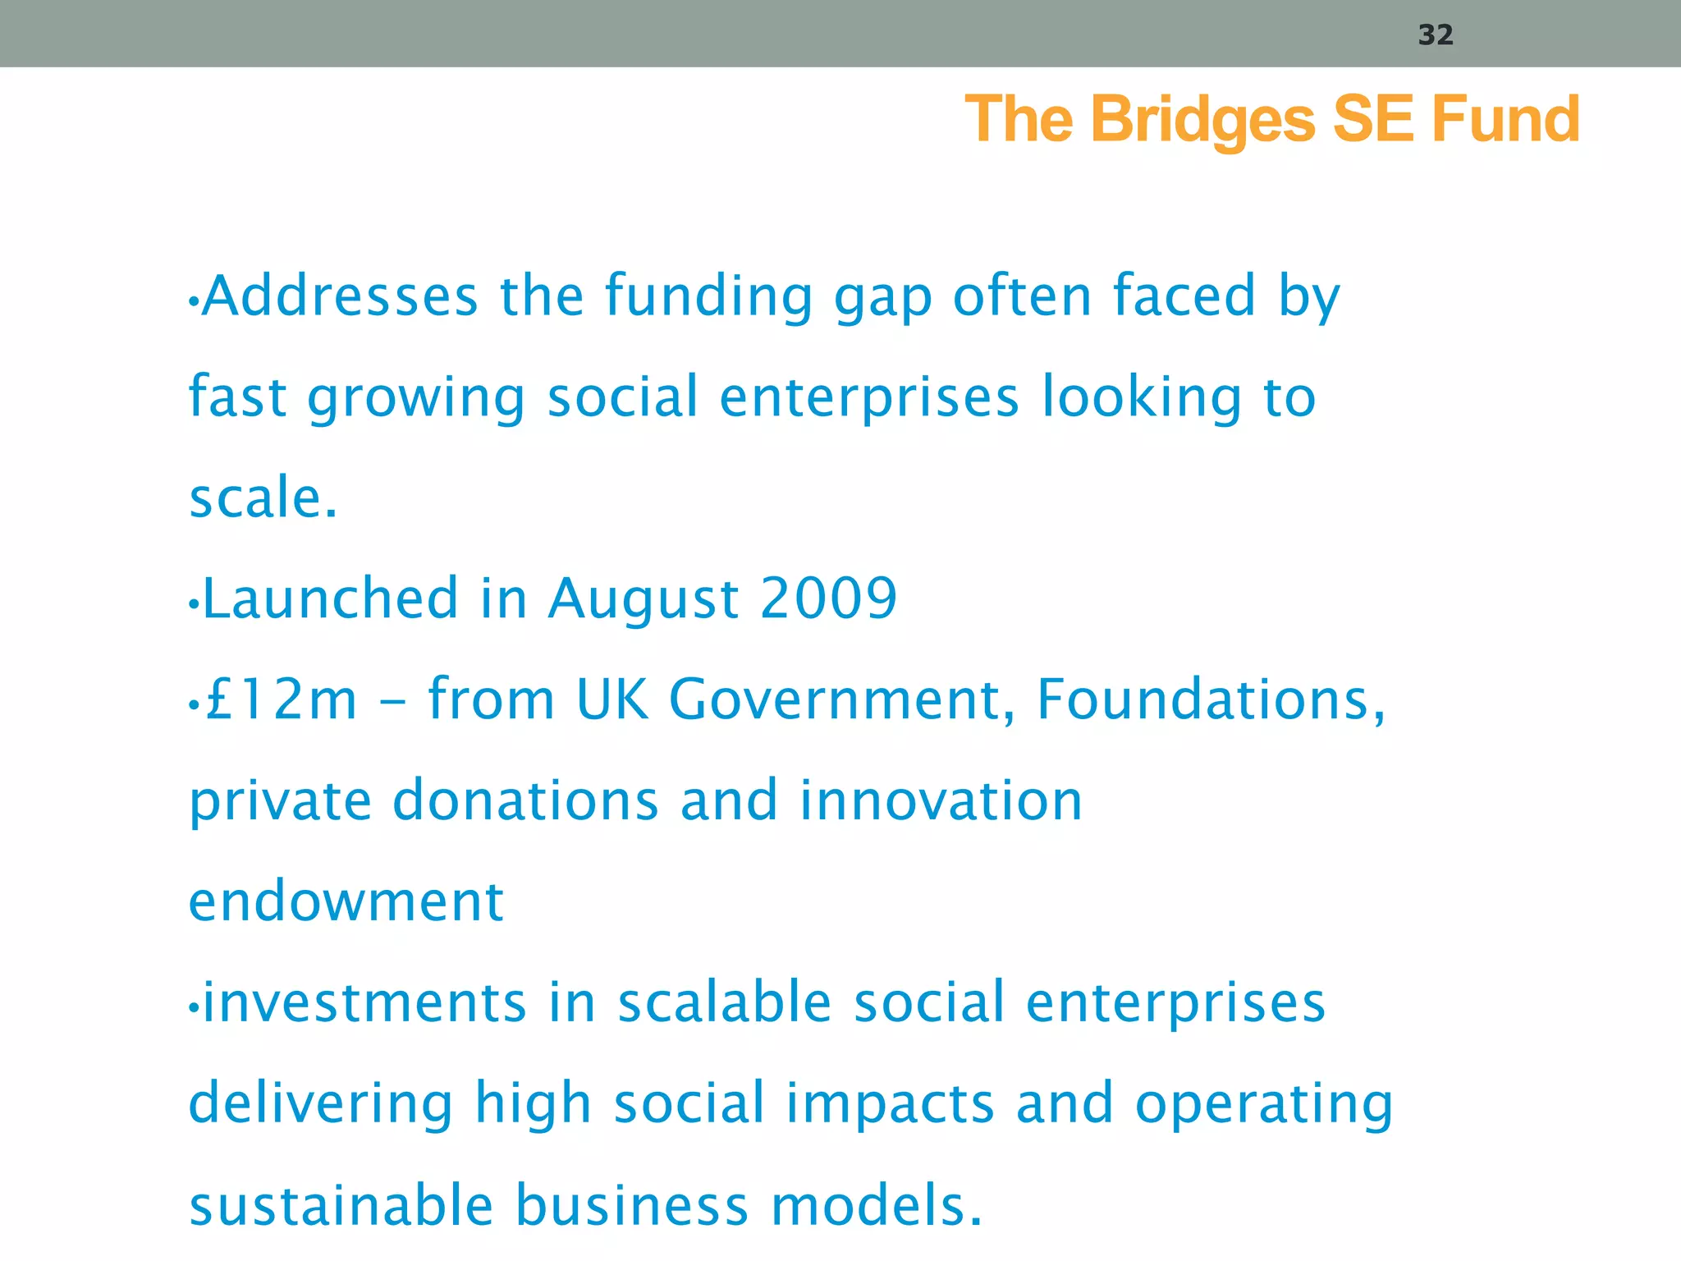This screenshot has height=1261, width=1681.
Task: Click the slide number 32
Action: (x=1436, y=34)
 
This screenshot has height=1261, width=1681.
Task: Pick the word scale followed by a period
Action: (x=263, y=498)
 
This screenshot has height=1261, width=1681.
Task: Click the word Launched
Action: (x=330, y=598)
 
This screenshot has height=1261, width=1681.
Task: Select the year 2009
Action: (x=828, y=598)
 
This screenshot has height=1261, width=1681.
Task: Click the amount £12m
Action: (x=281, y=699)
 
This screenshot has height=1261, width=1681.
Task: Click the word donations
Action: (x=525, y=800)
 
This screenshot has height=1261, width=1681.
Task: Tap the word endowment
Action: (x=346, y=901)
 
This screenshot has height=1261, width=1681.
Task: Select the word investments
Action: (x=364, y=1002)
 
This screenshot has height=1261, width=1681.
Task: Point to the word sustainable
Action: (x=341, y=1204)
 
